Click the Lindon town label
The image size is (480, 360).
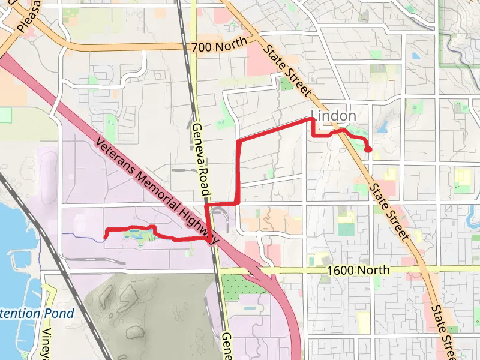(x=334, y=115)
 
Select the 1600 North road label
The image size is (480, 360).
(x=359, y=271)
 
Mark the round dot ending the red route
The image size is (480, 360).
(x=368, y=149)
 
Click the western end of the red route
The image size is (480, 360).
(x=106, y=236)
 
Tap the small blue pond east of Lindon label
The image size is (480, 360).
(x=383, y=128)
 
